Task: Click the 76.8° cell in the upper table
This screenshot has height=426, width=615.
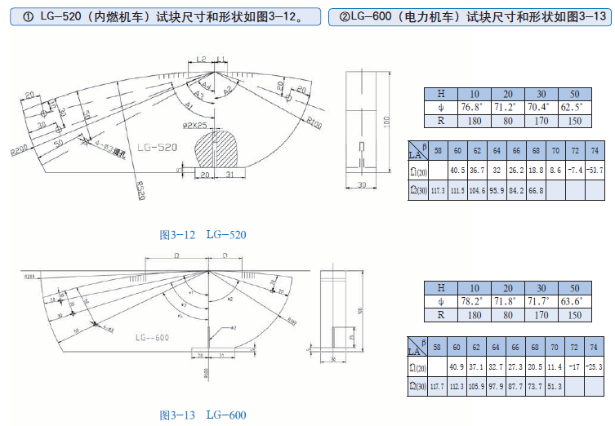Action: [x=471, y=107]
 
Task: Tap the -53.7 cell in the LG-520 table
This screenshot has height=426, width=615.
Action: [x=595, y=171]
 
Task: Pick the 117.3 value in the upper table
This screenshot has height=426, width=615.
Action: [x=439, y=190]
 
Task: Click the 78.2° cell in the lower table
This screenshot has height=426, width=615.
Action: [x=471, y=301]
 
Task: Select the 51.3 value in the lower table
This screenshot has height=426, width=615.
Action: [x=556, y=384]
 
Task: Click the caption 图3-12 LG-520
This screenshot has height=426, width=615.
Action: [x=202, y=235]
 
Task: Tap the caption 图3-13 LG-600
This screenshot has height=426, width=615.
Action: [x=202, y=415]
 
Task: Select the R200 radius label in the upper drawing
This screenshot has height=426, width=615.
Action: [x=20, y=150]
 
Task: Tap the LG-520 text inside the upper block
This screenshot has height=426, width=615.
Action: [x=157, y=148]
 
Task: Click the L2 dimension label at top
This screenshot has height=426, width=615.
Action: [x=201, y=60]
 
